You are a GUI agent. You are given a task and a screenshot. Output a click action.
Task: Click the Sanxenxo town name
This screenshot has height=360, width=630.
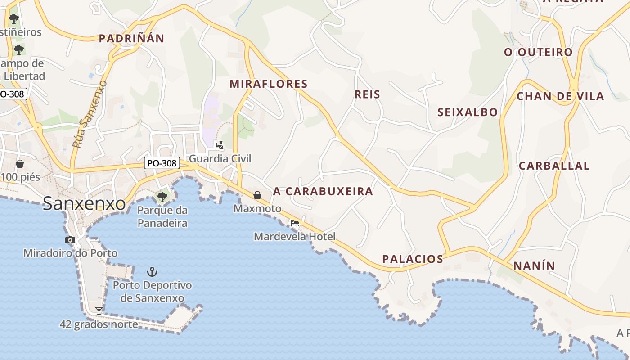pyautogui.click(x=84, y=204)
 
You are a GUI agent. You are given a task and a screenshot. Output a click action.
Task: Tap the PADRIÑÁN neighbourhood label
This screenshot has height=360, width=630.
pyautogui.click(x=131, y=38)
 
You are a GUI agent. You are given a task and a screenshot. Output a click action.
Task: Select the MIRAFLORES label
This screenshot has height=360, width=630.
pyautogui.click(x=269, y=84)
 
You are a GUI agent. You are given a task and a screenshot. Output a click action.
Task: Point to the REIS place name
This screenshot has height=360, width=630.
pyautogui.click(x=368, y=94)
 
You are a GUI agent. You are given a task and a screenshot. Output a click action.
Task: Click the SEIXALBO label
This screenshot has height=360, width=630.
pyautogui.click(x=468, y=112)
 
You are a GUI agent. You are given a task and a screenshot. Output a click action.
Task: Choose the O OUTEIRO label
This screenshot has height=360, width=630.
pyautogui.click(x=538, y=52)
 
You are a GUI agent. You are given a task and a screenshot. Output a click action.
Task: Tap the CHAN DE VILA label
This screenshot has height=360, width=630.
pyautogui.click(x=560, y=96)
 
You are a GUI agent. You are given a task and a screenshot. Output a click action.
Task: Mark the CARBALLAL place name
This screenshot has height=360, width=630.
pyautogui.click(x=554, y=166)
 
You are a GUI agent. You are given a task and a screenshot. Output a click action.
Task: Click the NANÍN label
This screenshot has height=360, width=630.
pyautogui.click(x=534, y=265)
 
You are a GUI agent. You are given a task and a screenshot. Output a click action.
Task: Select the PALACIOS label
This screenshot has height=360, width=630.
pyautogui.click(x=413, y=259)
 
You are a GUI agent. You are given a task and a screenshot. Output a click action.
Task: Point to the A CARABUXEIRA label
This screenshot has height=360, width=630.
pyautogui.click(x=323, y=191)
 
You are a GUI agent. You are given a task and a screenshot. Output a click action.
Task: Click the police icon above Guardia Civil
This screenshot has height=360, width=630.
pyautogui.click(x=220, y=145)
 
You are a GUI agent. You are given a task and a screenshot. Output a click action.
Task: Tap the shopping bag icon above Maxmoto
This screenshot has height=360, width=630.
pyautogui.click(x=257, y=195)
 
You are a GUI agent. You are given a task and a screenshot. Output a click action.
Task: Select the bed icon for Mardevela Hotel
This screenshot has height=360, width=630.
pyautogui.click(x=295, y=223)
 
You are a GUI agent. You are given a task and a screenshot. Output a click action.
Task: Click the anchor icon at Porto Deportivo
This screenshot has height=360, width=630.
pyautogui.click(x=152, y=271)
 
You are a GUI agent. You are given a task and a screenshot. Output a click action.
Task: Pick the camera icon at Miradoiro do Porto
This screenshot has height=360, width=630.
pyautogui.click(x=70, y=240)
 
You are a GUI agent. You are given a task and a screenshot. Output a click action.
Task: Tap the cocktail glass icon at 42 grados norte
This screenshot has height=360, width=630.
pyautogui.click(x=99, y=310)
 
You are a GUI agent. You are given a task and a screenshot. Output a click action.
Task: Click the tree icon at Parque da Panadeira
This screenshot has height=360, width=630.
pyautogui.click(x=162, y=197)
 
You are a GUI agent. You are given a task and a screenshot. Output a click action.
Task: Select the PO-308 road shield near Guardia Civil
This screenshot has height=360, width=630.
pyautogui.click(x=162, y=163)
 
